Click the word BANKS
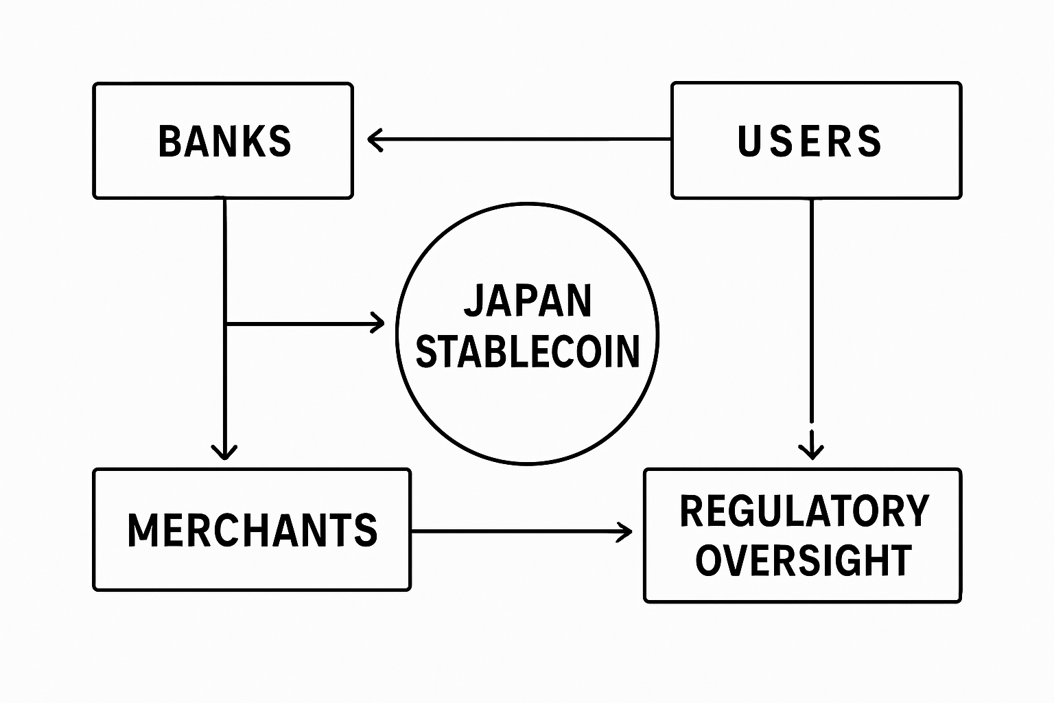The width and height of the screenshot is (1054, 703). [x=224, y=141]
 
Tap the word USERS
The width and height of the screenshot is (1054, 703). [x=809, y=141]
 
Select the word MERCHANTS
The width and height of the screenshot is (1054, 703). [x=252, y=530]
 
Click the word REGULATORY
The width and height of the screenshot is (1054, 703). [x=804, y=511]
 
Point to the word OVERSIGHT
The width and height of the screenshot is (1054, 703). [x=804, y=560]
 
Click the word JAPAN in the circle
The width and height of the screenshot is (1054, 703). [x=528, y=301]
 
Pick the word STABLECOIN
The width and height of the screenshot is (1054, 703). [x=528, y=351]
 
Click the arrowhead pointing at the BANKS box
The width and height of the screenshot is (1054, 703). [x=375, y=140]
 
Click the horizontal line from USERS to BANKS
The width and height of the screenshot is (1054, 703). [x=522, y=140]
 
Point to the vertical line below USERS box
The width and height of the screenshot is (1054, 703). [x=812, y=309]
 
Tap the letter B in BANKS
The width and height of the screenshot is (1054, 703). [x=169, y=141]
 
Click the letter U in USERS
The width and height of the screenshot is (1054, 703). [x=748, y=141]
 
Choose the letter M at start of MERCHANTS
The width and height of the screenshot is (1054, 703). [x=142, y=530]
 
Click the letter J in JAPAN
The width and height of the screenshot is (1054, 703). [x=473, y=301]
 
